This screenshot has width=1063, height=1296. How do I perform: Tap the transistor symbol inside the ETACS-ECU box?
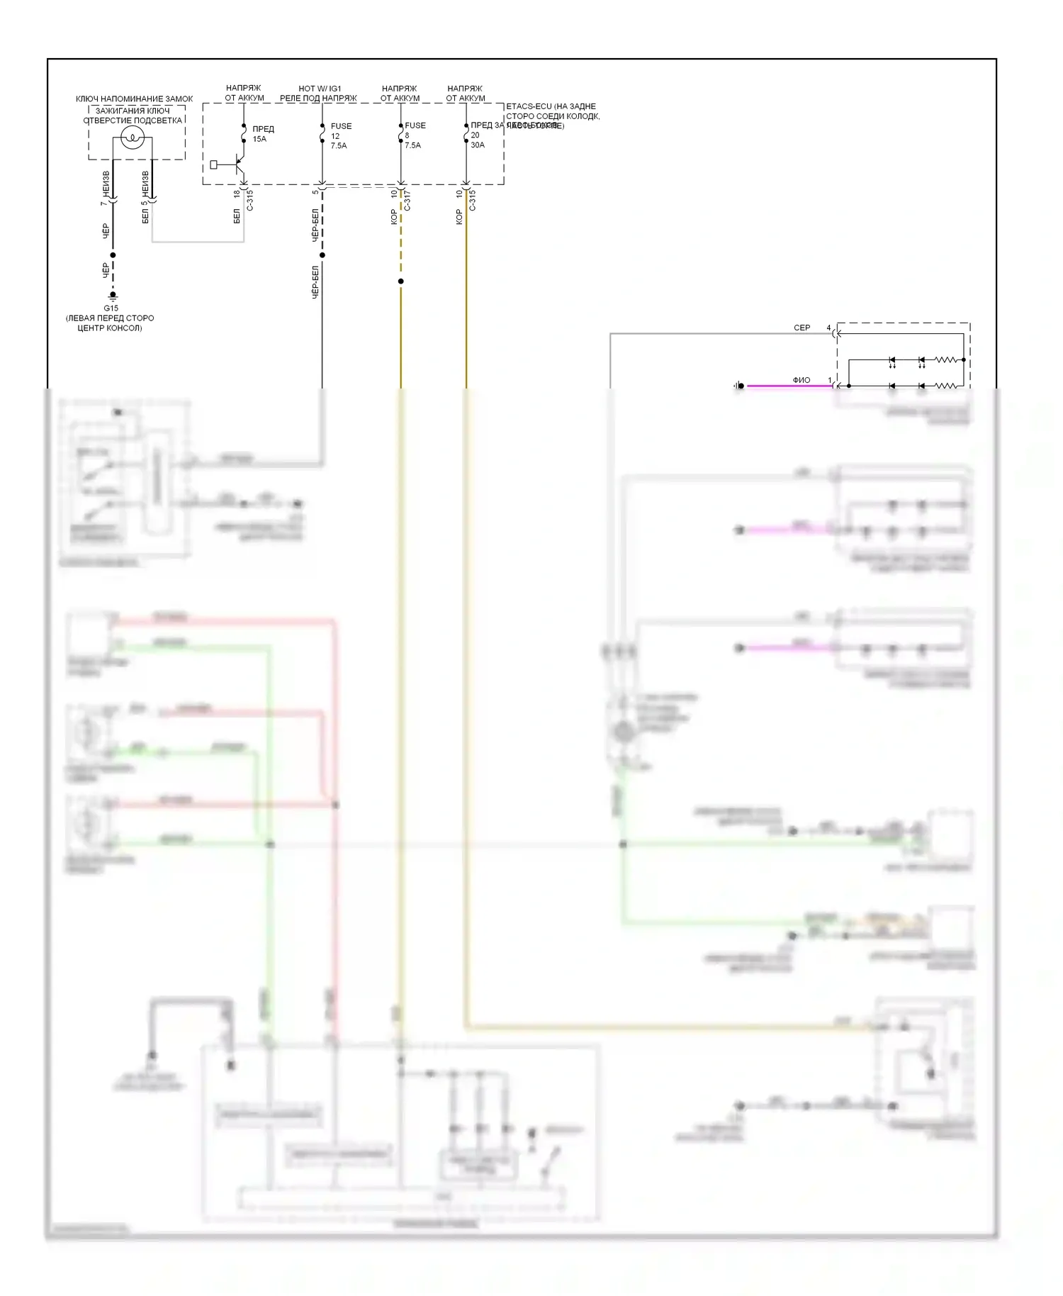click(x=238, y=165)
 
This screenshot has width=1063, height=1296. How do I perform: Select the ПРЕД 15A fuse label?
click(x=262, y=134)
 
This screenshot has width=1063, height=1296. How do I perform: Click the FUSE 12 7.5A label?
click(x=340, y=135)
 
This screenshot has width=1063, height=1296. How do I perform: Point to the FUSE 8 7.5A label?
click(x=415, y=135)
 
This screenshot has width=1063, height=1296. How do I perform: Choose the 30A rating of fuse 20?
click(x=478, y=145)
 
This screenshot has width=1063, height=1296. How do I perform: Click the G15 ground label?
click(x=111, y=308)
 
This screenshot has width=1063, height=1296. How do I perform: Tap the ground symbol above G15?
click(x=113, y=296)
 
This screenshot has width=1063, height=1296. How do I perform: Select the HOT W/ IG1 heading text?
click(x=320, y=89)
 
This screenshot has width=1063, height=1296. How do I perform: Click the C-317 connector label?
click(x=407, y=201)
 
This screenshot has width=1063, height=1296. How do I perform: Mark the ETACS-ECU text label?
click(x=551, y=106)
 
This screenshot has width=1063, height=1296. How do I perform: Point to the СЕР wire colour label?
click(x=802, y=328)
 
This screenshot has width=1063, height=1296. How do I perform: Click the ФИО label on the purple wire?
click(x=802, y=380)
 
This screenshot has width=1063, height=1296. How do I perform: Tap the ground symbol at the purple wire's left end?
click(x=738, y=386)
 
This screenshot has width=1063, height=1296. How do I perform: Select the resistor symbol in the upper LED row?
click(x=947, y=360)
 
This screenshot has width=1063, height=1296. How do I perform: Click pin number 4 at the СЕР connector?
click(x=828, y=328)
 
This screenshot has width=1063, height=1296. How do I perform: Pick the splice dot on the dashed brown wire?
click(x=401, y=281)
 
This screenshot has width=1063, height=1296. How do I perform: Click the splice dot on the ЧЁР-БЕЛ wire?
click(x=322, y=255)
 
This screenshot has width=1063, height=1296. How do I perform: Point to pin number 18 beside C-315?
click(x=237, y=194)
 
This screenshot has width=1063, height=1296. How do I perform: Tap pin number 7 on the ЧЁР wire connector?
click(x=103, y=203)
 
